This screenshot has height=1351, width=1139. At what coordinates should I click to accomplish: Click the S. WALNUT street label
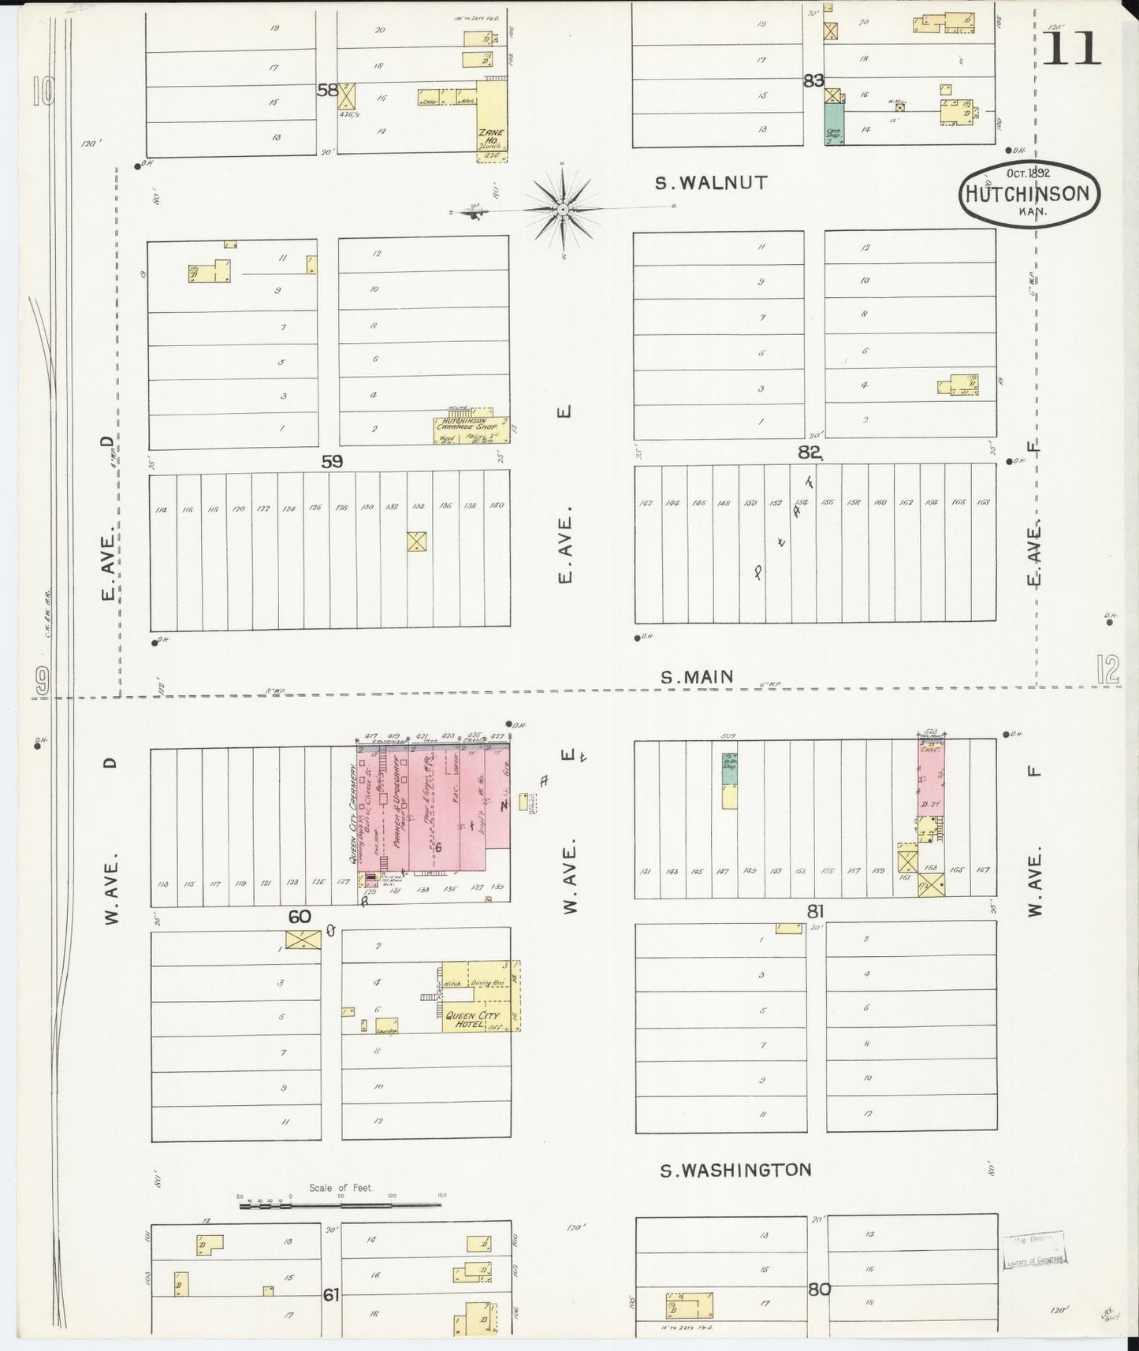point(712,183)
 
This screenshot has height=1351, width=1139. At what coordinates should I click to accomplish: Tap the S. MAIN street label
point(697,676)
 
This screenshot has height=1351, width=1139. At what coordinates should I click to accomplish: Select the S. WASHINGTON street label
point(735,1170)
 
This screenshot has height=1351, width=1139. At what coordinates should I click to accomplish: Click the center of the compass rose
point(563,210)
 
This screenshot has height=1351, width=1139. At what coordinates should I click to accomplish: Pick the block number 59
point(332,462)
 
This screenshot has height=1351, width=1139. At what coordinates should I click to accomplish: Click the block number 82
point(809,452)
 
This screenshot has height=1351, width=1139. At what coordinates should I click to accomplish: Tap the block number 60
point(300,917)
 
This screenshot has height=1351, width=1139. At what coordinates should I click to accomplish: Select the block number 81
point(815,911)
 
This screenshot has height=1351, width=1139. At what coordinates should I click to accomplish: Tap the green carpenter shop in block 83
point(833,124)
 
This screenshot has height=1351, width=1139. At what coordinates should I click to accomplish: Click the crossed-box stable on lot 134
point(416,541)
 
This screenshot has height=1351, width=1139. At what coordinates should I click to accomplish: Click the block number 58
point(327,90)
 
